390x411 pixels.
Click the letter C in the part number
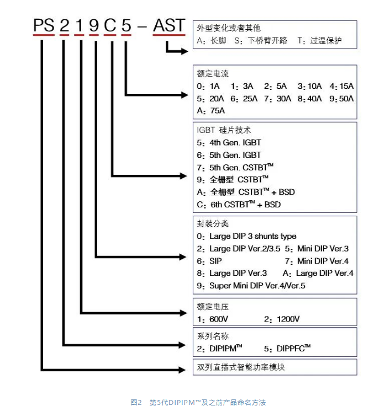point(110,25)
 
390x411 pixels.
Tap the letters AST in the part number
point(169,25)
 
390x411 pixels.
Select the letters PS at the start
point(44,25)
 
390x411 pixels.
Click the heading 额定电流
point(213,74)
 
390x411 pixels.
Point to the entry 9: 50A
point(341,99)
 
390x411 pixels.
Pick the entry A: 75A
point(211,111)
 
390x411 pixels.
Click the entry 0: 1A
point(208,86)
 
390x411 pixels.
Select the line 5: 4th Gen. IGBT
point(229,142)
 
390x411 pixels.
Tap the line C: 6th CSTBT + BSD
point(239,205)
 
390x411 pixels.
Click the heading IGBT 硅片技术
point(224,130)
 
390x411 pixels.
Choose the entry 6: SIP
point(209,261)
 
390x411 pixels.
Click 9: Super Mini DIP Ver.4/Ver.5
point(251,286)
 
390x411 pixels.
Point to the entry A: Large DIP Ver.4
point(318,274)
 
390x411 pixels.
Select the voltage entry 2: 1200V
point(282,319)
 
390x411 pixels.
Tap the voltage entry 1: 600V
point(212,319)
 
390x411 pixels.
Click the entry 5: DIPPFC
point(287,348)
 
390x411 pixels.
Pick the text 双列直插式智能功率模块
point(241,367)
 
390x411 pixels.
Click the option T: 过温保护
point(319,41)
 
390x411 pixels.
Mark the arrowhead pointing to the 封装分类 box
point(183,257)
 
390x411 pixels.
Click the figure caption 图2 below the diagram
point(136,402)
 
